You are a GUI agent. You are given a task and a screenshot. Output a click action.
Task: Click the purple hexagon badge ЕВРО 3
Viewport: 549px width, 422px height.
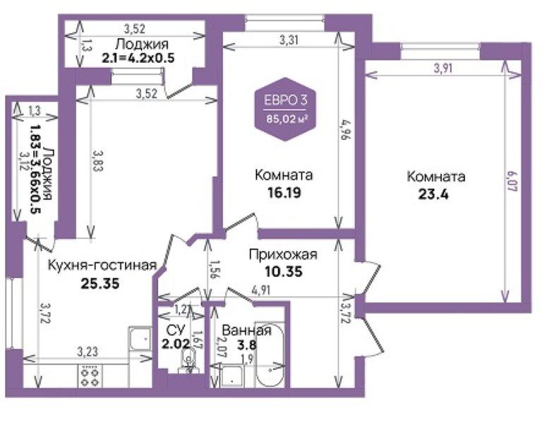pos(285,109)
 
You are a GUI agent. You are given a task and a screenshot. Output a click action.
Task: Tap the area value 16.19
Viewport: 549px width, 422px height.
pos(284,192)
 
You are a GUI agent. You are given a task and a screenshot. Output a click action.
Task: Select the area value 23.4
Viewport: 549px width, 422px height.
pos(433,194)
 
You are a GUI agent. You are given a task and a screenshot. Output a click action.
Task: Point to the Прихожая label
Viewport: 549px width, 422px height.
pos(283,254)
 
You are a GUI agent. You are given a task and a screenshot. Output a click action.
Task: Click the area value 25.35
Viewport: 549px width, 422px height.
pos(100,283)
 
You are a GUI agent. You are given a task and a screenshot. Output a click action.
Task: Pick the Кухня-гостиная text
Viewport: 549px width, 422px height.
pos(102,265)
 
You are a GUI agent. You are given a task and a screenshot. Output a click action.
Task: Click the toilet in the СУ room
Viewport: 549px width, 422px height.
pos(189,362)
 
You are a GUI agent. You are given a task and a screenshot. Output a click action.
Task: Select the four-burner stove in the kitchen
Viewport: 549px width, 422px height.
pos(90,375)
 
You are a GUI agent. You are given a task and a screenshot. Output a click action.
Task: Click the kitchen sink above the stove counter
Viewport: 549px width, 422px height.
pos(140,339)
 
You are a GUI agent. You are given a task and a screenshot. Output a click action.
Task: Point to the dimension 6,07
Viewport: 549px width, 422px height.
pos(513,181)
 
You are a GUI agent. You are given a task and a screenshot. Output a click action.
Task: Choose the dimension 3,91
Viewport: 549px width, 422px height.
pos(443,68)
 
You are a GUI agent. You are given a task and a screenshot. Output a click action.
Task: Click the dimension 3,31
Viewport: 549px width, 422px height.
pos(289,40)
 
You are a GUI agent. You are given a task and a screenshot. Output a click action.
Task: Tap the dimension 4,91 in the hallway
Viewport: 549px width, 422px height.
pos(261,291)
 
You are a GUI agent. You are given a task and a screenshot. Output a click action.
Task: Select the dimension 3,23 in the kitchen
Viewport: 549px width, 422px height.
pos(88,351)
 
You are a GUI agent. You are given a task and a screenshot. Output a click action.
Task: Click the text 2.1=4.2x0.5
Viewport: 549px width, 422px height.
pos(138,57)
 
